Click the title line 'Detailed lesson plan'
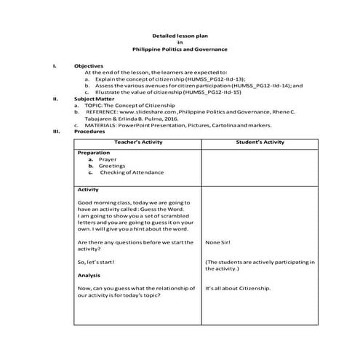click(180, 35)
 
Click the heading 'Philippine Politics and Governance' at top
click(180, 49)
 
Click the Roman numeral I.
click(55, 66)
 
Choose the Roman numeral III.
click(56, 132)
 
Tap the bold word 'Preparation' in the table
click(94, 153)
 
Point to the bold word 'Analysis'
click(89, 276)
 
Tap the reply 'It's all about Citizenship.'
click(238, 289)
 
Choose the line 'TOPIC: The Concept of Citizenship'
click(130, 105)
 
